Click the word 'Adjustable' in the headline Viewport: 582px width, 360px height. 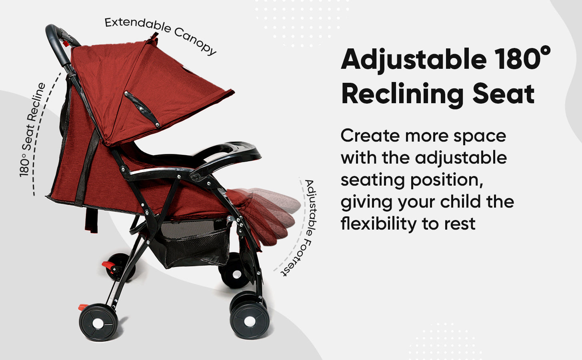click(x=414, y=60)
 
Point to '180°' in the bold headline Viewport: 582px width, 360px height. click(x=522, y=58)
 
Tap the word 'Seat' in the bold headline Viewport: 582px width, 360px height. click(x=503, y=94)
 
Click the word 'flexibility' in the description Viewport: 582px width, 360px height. click(x=378, y=224)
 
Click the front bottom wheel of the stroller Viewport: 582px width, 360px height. click(x=250, y=321)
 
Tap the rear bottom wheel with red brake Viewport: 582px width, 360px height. click(x=98, y=322)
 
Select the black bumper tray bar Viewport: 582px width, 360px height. click(x=226, y=156)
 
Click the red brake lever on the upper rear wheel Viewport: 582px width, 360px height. click(x=109, y=266)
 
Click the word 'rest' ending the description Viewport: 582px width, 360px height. click(x=460, y=224)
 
